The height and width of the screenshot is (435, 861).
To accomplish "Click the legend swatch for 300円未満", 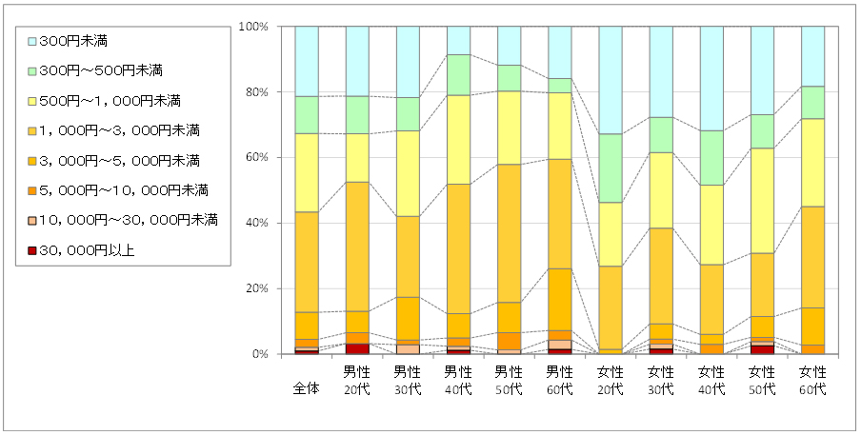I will (31, 40).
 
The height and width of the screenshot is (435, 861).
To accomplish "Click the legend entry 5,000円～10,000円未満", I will (124, 190).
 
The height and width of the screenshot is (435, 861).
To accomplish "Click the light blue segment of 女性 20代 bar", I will (610, 80).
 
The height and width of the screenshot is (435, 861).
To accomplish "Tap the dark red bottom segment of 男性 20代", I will (357, 348).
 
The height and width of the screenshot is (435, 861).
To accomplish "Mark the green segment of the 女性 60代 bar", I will (812, 102).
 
